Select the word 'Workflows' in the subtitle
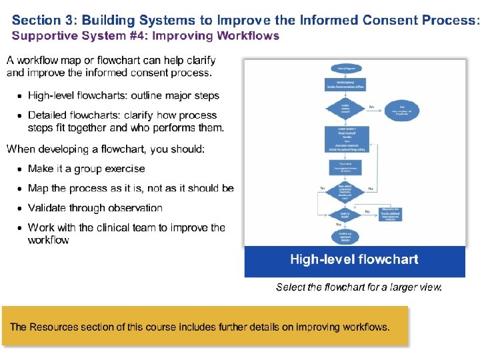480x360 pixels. tap(250, 36)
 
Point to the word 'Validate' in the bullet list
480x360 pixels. tap(49, 208)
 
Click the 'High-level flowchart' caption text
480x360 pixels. tap(354, 259)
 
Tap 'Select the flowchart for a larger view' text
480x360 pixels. tap(359, 287)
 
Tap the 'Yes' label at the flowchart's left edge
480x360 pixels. tap(323, 189)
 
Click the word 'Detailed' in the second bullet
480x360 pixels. tap(49, 115)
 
